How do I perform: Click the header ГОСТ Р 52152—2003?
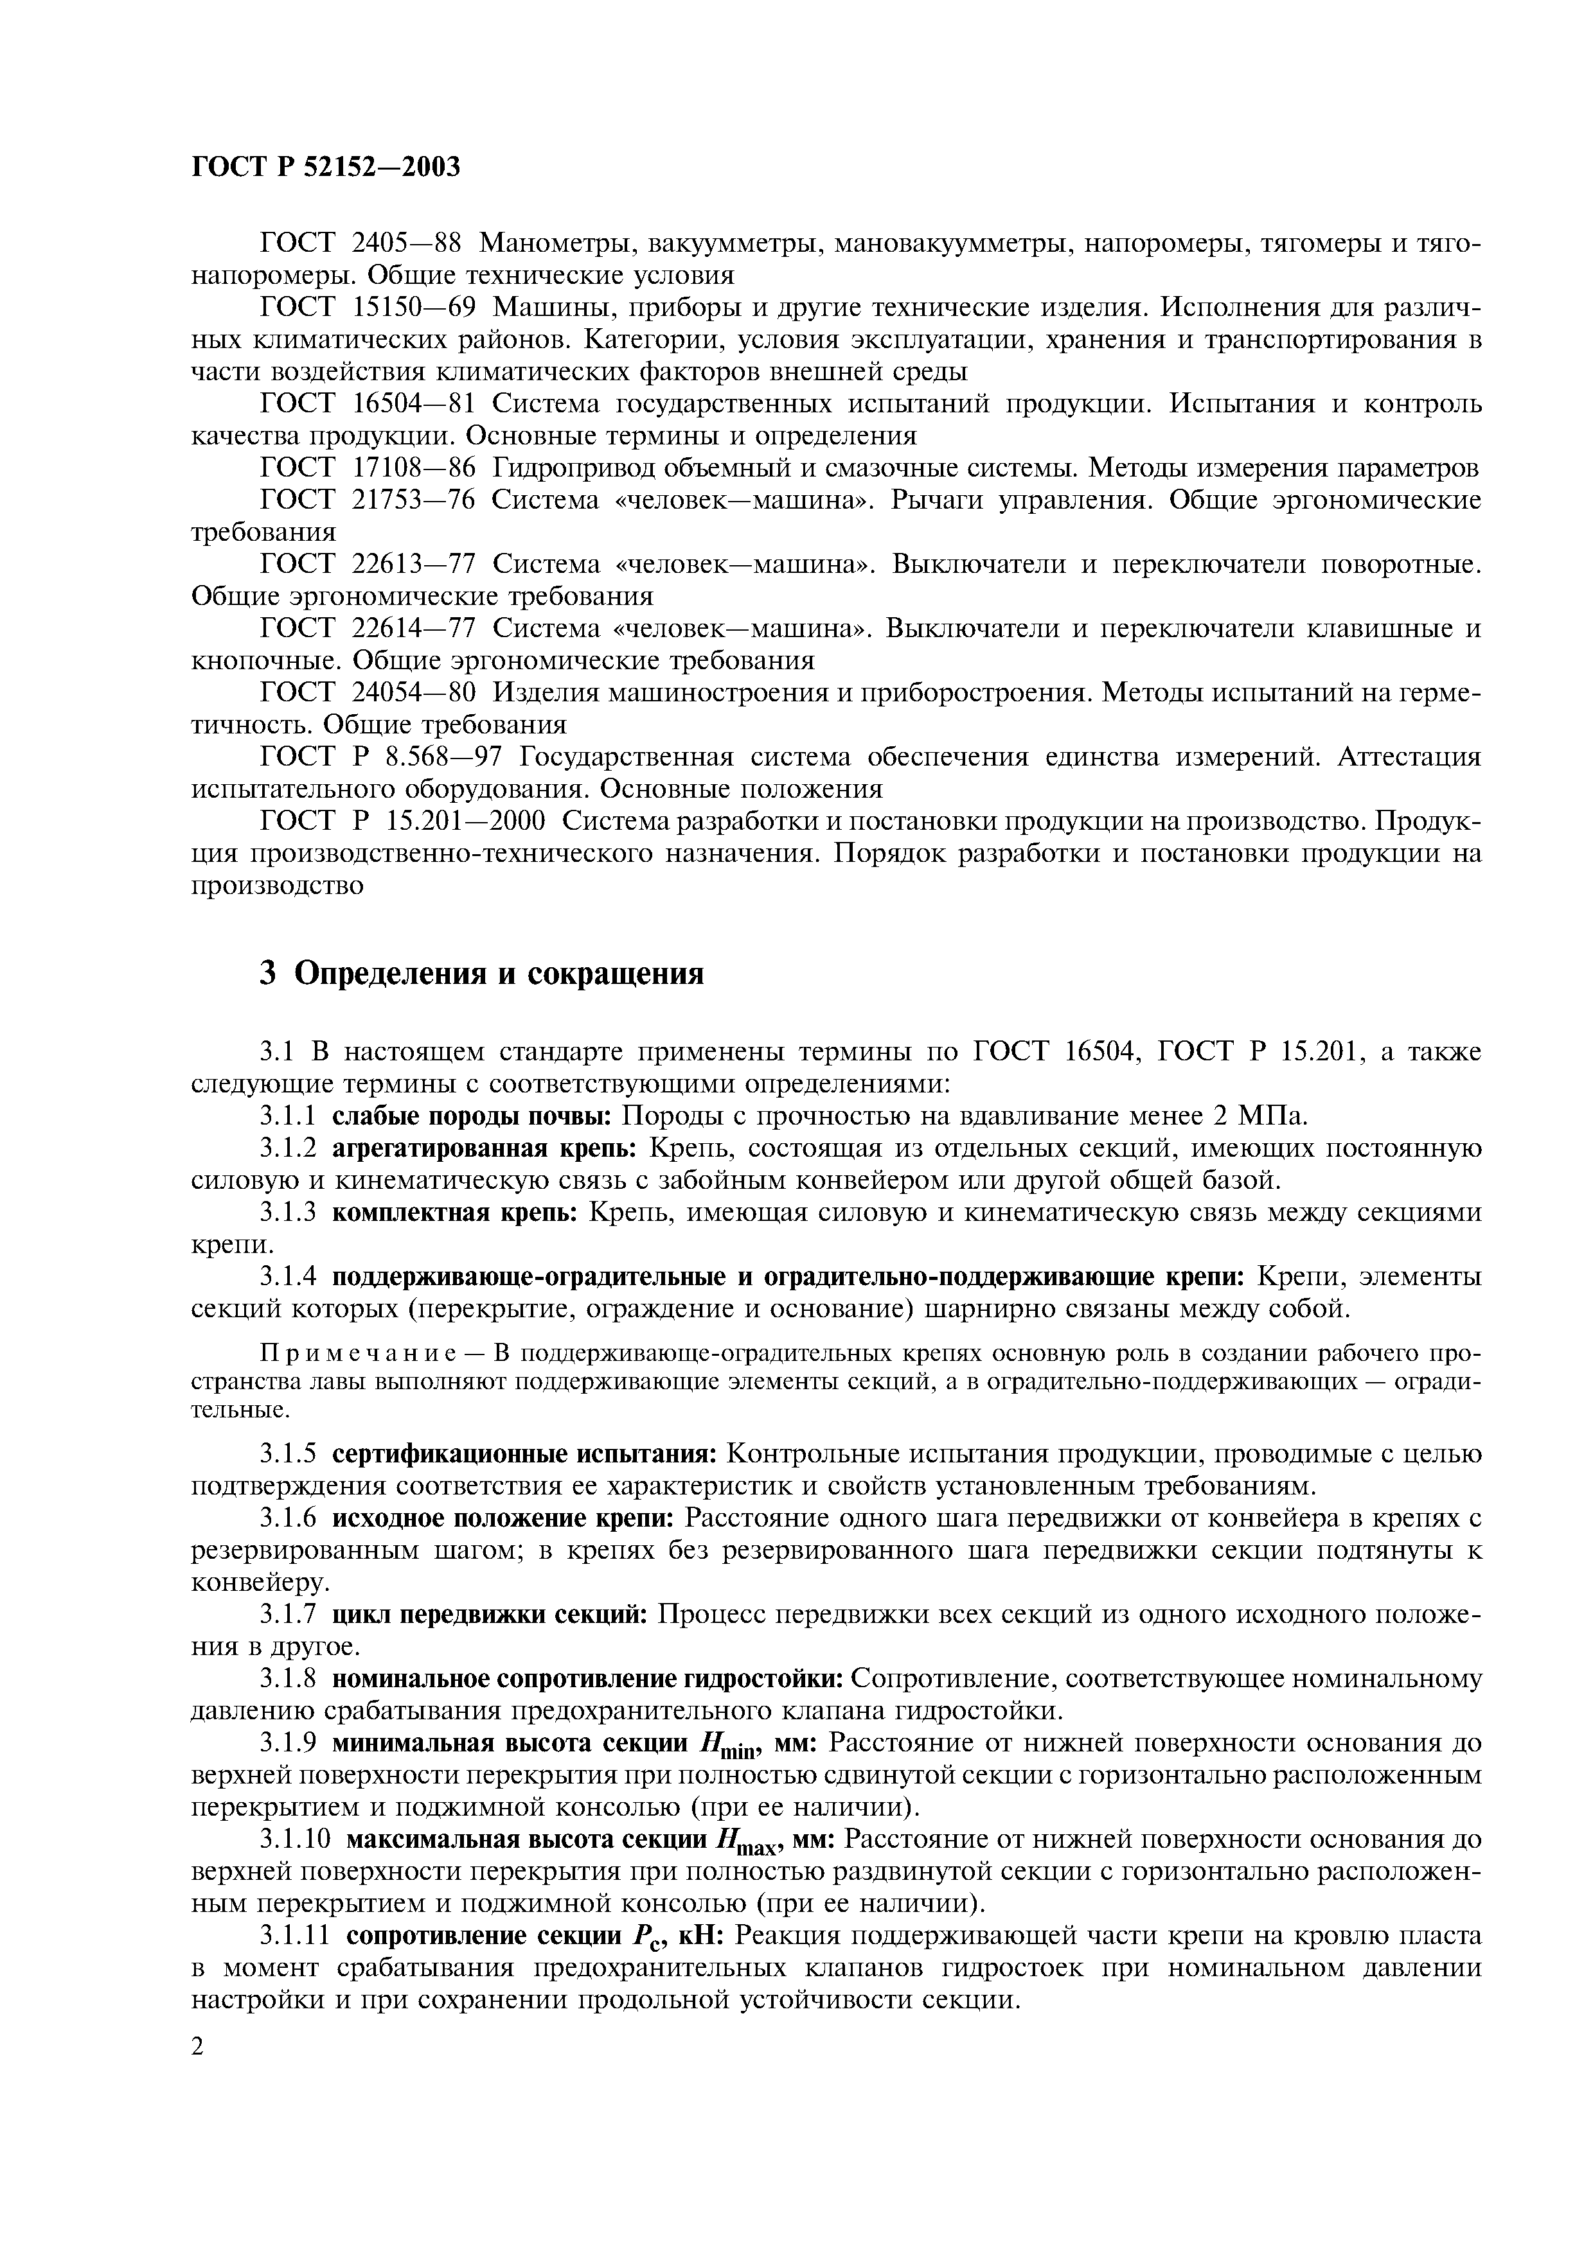point(326,168)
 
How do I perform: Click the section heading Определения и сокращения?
point(499,974)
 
